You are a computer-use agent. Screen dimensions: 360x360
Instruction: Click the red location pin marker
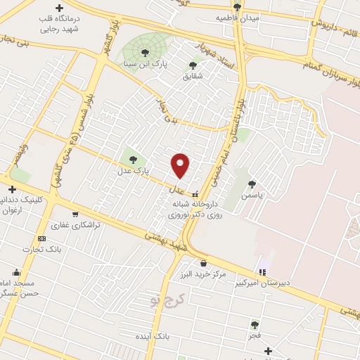point(181,165)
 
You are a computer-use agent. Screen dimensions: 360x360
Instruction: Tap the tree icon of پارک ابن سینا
point(145,52)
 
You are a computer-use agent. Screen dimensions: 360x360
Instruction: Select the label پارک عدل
point(133,170)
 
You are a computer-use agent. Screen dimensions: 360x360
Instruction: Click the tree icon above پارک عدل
point(133,160)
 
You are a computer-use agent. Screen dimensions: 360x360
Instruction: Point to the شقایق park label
point(192,77)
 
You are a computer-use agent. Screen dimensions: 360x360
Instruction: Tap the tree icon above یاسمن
point(252,184)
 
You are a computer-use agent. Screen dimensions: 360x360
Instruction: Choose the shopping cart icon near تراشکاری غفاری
point(75,214)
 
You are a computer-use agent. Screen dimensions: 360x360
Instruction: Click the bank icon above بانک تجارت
point(41,239)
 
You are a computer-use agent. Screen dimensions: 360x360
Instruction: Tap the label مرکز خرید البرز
point(202,274)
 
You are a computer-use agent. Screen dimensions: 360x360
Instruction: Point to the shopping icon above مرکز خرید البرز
point(203,263)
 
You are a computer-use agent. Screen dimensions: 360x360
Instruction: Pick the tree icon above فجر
point(255,325)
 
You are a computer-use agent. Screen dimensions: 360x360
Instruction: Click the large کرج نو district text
point(165,300)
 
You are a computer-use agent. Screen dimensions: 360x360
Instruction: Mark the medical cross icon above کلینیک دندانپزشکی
point(11,188)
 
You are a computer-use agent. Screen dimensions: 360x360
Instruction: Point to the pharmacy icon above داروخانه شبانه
point(195,194)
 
